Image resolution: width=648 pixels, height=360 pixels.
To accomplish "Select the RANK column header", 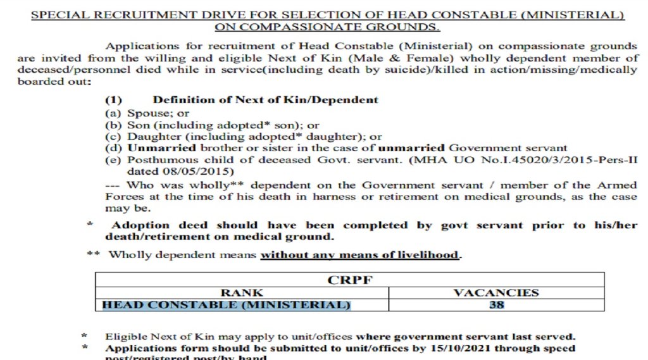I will pyautogui.click(x=241, y=293).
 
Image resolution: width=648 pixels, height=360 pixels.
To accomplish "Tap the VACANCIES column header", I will pyautogui.click(x=496, y=293).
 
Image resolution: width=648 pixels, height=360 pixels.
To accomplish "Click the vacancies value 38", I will pyautogui.click(x=496, y=305).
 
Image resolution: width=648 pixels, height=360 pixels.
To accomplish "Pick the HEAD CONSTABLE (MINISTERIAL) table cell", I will pyautogui.click(x=227, y=305).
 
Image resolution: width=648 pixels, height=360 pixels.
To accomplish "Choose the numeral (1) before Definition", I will pyautogui.click(x=114, y=99).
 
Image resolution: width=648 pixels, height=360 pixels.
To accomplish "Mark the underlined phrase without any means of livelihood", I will pyautogui.click(x=360, y=255).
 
